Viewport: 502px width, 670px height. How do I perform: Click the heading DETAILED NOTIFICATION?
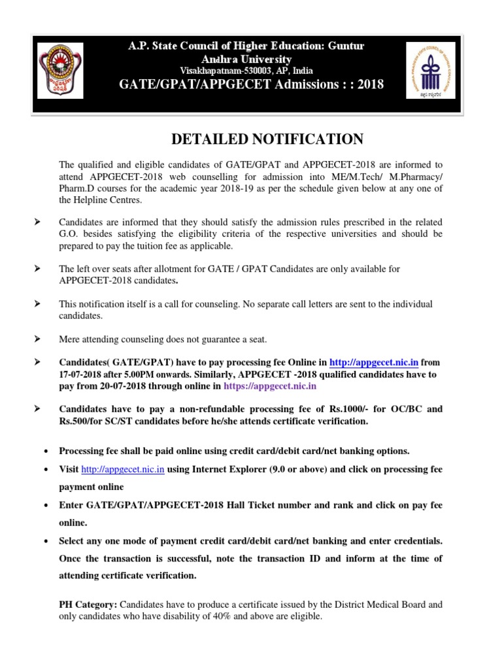tap(267, 139)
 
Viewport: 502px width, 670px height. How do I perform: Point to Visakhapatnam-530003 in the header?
tap(217, 71)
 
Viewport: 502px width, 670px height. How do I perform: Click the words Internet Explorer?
tap(231, 470)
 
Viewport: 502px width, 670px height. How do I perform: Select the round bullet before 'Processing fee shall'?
tap(45, 451)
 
